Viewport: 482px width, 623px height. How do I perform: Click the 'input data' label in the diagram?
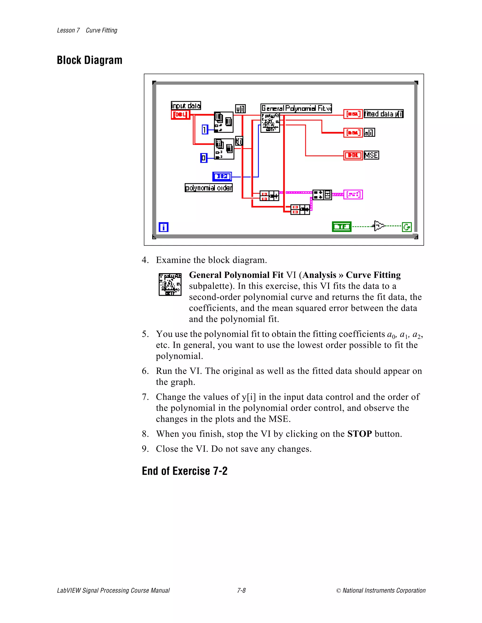click(186, 106)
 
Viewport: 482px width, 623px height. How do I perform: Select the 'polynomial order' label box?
click(209, 188)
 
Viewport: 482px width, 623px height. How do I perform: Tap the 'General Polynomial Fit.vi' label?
click(296, 108)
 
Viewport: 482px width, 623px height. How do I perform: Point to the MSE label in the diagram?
click(371, 155)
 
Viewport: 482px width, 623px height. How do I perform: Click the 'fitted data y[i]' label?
click(383, 114)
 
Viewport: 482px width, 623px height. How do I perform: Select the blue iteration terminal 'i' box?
click(163, 227)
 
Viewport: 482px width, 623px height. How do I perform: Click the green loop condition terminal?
click(407, 227)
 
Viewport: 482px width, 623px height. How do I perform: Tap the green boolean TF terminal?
click(341, 226)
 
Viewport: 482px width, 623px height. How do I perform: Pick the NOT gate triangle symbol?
click(379, 226)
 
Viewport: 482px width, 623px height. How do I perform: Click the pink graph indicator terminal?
click(353, 195)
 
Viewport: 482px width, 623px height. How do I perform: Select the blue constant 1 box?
click(205, 130)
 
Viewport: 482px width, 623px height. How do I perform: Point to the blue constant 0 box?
click(204, 158)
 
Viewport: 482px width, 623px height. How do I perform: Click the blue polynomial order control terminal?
click(222, 177)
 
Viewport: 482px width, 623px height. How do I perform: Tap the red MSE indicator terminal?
click(353, 155)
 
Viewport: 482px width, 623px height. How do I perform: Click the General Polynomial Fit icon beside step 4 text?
click(170, 284)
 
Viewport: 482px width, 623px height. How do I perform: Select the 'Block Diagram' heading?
click(89, 60)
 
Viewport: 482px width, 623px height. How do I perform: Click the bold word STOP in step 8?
click(359, 434)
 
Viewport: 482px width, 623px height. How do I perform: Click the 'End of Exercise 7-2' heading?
click(185, 471)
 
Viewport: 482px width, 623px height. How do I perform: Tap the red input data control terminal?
click(181, 115)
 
